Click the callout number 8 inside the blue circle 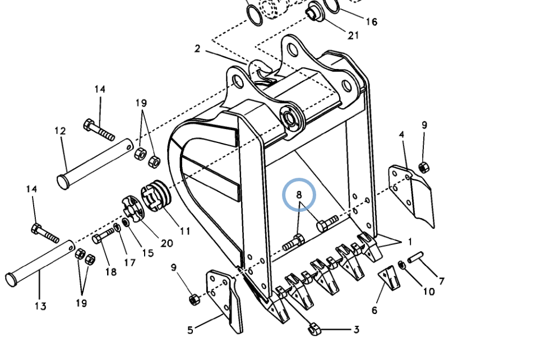click(299, 195)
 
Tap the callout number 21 click(353, 35)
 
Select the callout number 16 click(371, 22)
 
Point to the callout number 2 click(197, 49)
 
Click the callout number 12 click(60, 131)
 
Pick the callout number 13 click(40, 306)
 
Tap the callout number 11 click(185, 231)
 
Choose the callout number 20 click(167, 243)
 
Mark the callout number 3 click(356, 330)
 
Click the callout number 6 click(374, 310)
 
